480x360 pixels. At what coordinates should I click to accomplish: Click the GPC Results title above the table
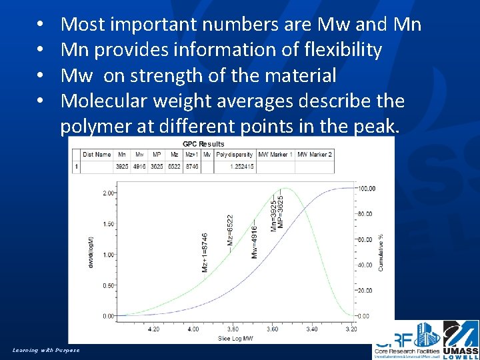(x=203, y=143)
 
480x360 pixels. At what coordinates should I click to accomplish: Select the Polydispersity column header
(x=235, y=155)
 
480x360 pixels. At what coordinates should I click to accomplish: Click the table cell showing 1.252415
(x=235, y=167)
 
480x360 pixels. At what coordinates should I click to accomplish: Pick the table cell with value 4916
(x=140, y=167)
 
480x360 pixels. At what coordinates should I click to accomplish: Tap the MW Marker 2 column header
(x=314, y=155)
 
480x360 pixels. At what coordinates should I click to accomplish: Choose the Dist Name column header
(x=97, y=155)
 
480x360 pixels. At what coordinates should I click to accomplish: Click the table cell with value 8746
(x=192, y=167)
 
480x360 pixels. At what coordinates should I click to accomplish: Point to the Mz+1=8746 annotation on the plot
(x=205, y=252)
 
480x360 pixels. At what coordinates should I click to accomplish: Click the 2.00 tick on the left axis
(x=107, y=193)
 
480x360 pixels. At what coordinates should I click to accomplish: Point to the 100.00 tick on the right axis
(x=365, y=189)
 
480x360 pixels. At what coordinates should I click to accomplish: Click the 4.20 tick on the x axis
(x=153, y=329)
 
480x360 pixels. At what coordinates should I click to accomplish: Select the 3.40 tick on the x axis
(x=312, y=329)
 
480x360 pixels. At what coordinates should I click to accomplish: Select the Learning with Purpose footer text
(x=46, y=350)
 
